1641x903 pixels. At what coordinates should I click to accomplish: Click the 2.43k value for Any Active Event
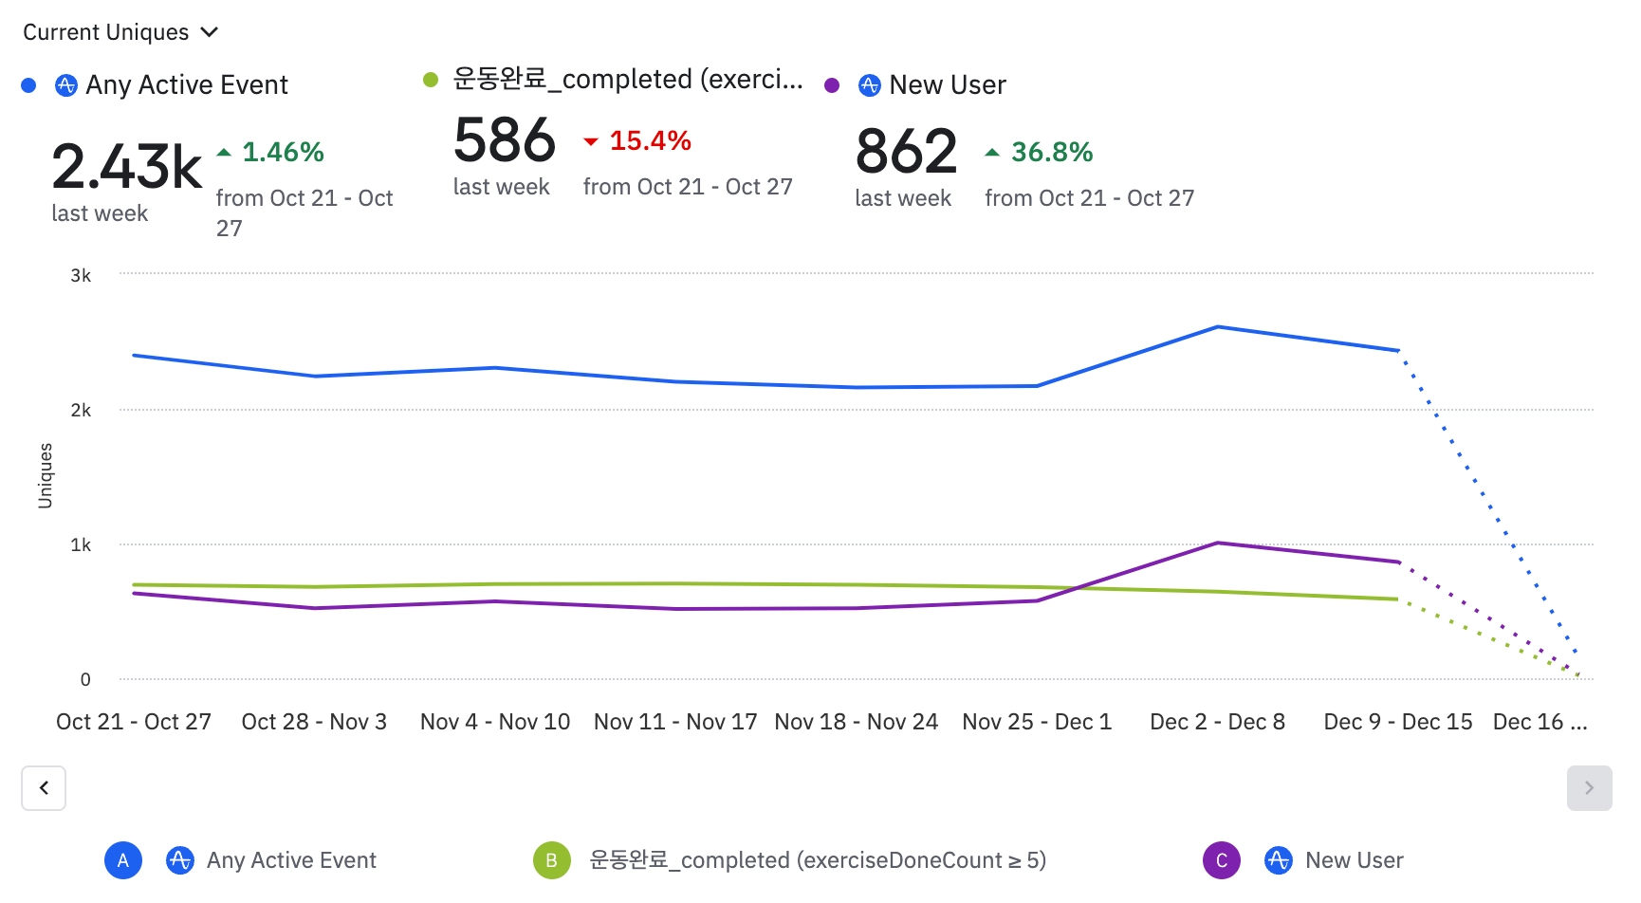[x=126, y=166]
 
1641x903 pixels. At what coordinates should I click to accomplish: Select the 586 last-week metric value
[x=504, y=140]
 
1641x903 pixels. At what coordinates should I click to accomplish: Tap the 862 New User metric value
[x=906, y=152]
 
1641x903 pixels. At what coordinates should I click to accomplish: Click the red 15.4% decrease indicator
[x=649, y=141]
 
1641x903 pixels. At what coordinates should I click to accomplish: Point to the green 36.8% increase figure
[x=1051, y=152]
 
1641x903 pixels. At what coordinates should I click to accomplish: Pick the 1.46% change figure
[x=282, y=152]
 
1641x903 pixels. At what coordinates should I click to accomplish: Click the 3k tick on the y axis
[x=81, y=276]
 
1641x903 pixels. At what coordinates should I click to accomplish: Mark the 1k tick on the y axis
[x=81, y=545]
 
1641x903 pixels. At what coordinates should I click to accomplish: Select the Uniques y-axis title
[x=46, y=476]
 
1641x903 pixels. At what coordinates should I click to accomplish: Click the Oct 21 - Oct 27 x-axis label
[x=134, y=722]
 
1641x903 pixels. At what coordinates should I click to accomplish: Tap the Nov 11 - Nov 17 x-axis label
[x=675, y=722]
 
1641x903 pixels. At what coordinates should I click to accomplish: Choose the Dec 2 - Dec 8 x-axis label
[x=1217, y=722]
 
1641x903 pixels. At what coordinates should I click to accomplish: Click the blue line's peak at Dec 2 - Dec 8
[x=1218, y=327]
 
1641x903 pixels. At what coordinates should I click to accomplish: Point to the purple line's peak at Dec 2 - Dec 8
[x=1218, y=544]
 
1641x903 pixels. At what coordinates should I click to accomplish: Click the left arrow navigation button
[x=44, y=788]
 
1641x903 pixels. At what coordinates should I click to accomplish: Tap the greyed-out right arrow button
[x=1589, y=788]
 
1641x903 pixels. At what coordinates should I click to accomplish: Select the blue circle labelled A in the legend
[x=123, y=860]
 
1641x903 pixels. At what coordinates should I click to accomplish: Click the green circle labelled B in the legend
[x=551, y=860]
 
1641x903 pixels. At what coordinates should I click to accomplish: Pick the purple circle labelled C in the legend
[x=1221, y=860]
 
